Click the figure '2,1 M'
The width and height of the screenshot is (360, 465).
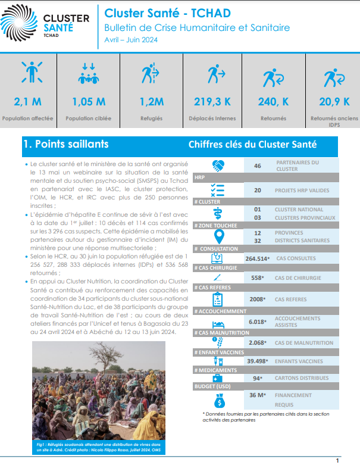point(27,102)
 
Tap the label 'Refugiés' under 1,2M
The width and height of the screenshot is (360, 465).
point(151,118)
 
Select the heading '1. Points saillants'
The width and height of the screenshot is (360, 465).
point(65,144)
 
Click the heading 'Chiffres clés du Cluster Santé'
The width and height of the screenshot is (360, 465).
point(252,144)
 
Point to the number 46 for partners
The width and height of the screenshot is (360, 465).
point(258,166)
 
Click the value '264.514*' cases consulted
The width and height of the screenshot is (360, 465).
point(258,258)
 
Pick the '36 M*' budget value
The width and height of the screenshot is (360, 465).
point(258,395)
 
